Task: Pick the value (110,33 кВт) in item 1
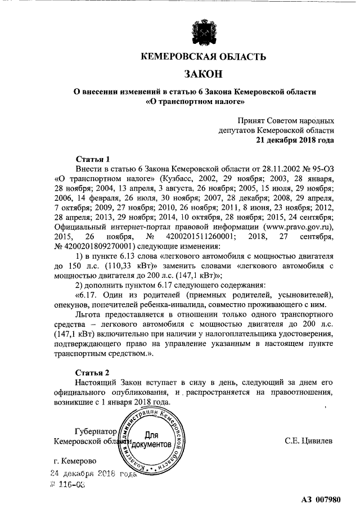coord(127,265)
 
